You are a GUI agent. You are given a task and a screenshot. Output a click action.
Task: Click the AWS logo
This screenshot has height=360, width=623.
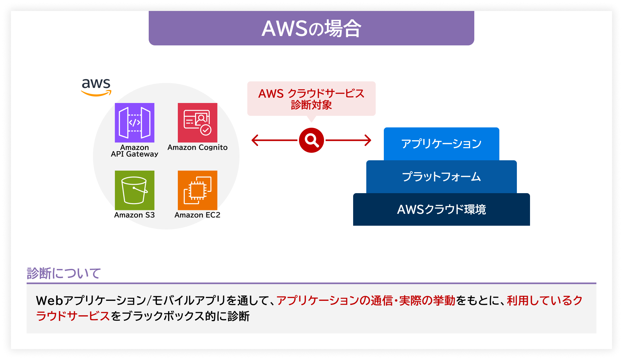(96, 87)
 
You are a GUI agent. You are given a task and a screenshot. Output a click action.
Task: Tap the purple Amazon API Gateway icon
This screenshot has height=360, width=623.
(135, 123)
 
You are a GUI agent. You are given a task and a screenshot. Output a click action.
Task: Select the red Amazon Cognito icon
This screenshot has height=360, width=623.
(198, 123)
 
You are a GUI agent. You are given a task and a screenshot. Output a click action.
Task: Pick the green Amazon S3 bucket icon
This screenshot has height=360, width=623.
(135, 190)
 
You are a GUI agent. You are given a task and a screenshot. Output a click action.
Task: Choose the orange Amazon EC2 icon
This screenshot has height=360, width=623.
(198, 190)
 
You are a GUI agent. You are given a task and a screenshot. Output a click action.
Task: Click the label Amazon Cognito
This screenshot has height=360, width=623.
(198, 147)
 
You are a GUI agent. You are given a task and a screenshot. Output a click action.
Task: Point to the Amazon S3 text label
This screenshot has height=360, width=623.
(135, 215)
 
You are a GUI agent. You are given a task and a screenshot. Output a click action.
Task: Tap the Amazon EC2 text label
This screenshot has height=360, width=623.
(198, 215)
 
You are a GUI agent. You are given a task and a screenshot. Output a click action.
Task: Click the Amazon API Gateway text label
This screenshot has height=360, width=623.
(135, 151)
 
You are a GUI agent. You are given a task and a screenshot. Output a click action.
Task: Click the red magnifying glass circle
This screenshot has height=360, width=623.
(311, 140)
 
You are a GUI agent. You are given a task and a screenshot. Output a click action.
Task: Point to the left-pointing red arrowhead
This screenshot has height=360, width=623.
(255, 140)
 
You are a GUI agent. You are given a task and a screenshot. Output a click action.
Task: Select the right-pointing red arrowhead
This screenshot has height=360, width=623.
(368, 140)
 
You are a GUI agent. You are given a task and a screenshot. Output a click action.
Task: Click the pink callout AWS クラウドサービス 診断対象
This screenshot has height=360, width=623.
(311, 99)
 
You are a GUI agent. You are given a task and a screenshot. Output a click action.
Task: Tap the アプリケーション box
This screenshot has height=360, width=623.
(441, 144)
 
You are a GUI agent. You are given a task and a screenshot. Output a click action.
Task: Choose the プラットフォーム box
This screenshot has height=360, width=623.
(441, 177)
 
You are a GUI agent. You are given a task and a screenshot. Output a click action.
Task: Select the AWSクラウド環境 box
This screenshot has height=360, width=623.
(441, 209)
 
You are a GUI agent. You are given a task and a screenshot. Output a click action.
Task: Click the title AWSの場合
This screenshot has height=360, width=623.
(311, 28)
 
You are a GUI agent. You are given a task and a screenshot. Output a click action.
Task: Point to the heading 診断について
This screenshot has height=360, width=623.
(64, 273)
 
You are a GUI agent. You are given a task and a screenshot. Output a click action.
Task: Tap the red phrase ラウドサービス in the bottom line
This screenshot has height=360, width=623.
(73, 316)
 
